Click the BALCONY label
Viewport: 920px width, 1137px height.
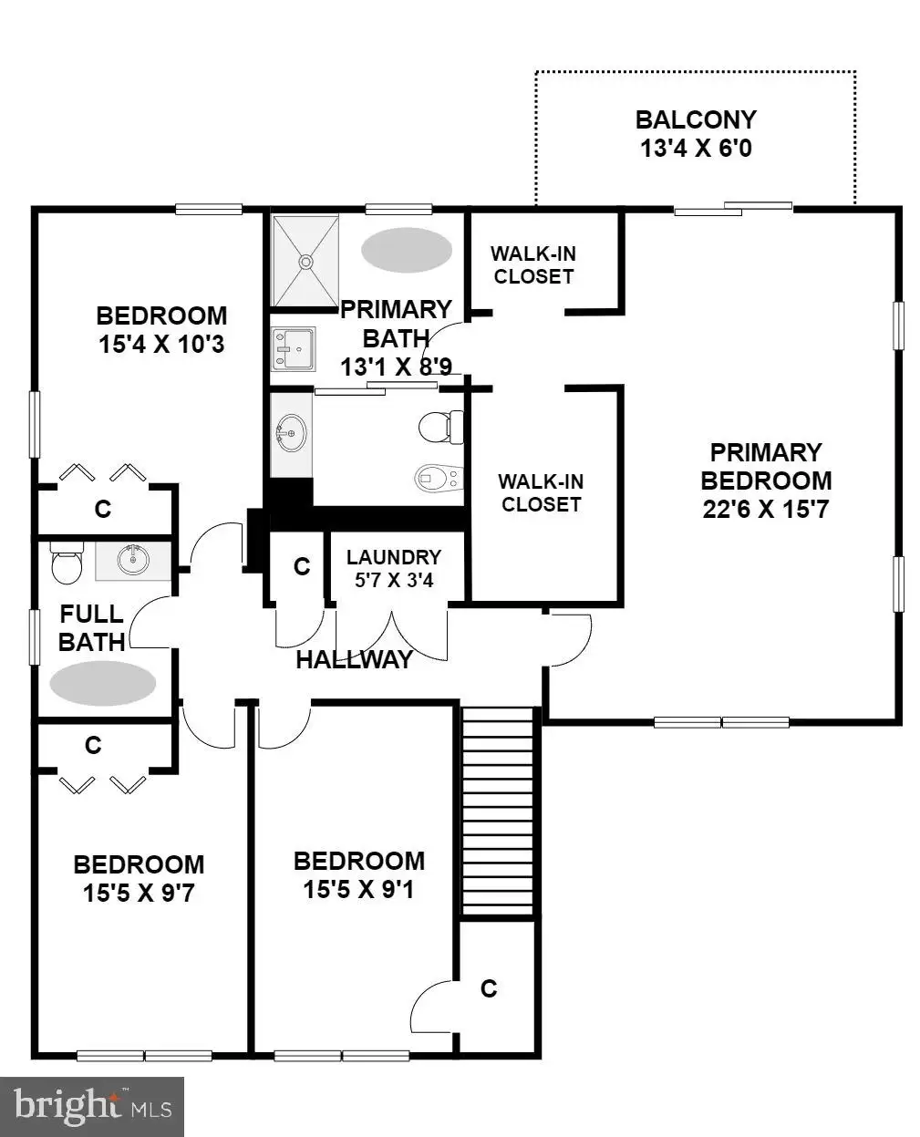pos(696,119)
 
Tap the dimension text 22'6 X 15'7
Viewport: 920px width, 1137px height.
pos(766,509)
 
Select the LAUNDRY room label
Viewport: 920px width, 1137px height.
pos(394,557)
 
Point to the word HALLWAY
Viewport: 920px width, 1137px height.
pos(355,660)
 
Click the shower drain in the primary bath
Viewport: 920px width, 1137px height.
pos(305,262)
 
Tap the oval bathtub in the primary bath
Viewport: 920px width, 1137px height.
pos(407,250)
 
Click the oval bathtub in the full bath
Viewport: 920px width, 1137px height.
pos(102,683)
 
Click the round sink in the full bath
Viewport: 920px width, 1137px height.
pos(133,560)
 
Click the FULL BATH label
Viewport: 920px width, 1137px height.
pos(92,627)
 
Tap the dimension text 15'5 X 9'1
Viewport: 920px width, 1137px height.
pos(358,889)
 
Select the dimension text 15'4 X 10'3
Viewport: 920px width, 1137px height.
pos(161,344)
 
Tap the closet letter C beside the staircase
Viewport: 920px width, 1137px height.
pos(489,988)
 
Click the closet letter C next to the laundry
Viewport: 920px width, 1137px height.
pos(302,566)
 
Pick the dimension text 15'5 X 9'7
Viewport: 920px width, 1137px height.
pos(139,893)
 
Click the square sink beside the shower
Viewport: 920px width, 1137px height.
pos(293,349)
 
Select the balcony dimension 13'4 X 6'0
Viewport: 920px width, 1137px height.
pos(696,148)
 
